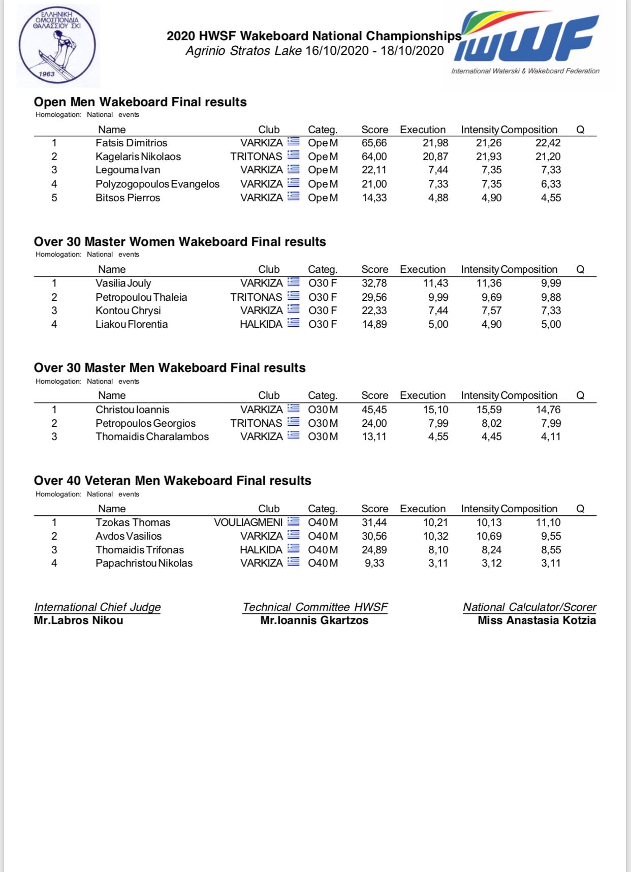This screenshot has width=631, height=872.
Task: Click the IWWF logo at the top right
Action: point(526,39)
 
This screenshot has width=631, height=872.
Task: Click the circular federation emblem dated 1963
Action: point(57,45)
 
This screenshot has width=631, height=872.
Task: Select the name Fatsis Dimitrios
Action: point(131,143)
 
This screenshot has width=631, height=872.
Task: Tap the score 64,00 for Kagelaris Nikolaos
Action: point(374,157)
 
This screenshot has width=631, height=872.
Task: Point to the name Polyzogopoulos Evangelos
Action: point(157,184)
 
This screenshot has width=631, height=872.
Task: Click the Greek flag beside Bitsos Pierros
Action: point(293,197)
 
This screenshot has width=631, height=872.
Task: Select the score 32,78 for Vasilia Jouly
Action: point(374,283)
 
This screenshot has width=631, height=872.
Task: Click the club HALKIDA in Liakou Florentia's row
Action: point(261,324)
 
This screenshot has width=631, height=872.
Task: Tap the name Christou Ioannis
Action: point(132,410)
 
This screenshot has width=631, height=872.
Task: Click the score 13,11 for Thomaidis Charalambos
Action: point(374,437)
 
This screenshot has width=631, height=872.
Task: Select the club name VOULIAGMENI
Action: point(248,522)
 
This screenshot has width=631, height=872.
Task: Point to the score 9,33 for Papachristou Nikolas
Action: point(374,563)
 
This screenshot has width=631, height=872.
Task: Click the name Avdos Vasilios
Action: point(129,536)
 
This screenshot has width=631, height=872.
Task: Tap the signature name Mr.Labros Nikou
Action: point(78,620)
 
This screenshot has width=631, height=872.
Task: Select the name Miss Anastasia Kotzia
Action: point(537,620)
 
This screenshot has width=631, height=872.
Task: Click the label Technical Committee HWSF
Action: point(315,607)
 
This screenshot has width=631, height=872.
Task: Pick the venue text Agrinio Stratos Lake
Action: point(244,51)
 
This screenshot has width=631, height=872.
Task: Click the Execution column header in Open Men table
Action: point(422,130)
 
